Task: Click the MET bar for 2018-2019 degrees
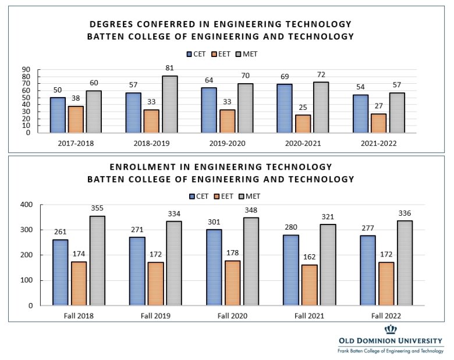tap(170, 104)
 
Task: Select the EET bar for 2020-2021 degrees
tap(303, 123)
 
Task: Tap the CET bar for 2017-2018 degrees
tap(57, 115)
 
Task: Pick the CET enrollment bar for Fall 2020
tap(214, 267)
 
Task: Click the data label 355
tap(97, 208)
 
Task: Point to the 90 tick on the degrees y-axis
tap(26, 69)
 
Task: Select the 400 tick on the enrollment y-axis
tap(26, 205)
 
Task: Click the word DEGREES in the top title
tap(114, 24)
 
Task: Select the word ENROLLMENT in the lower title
tap(125, 167)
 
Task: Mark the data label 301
tap(214, 222)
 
